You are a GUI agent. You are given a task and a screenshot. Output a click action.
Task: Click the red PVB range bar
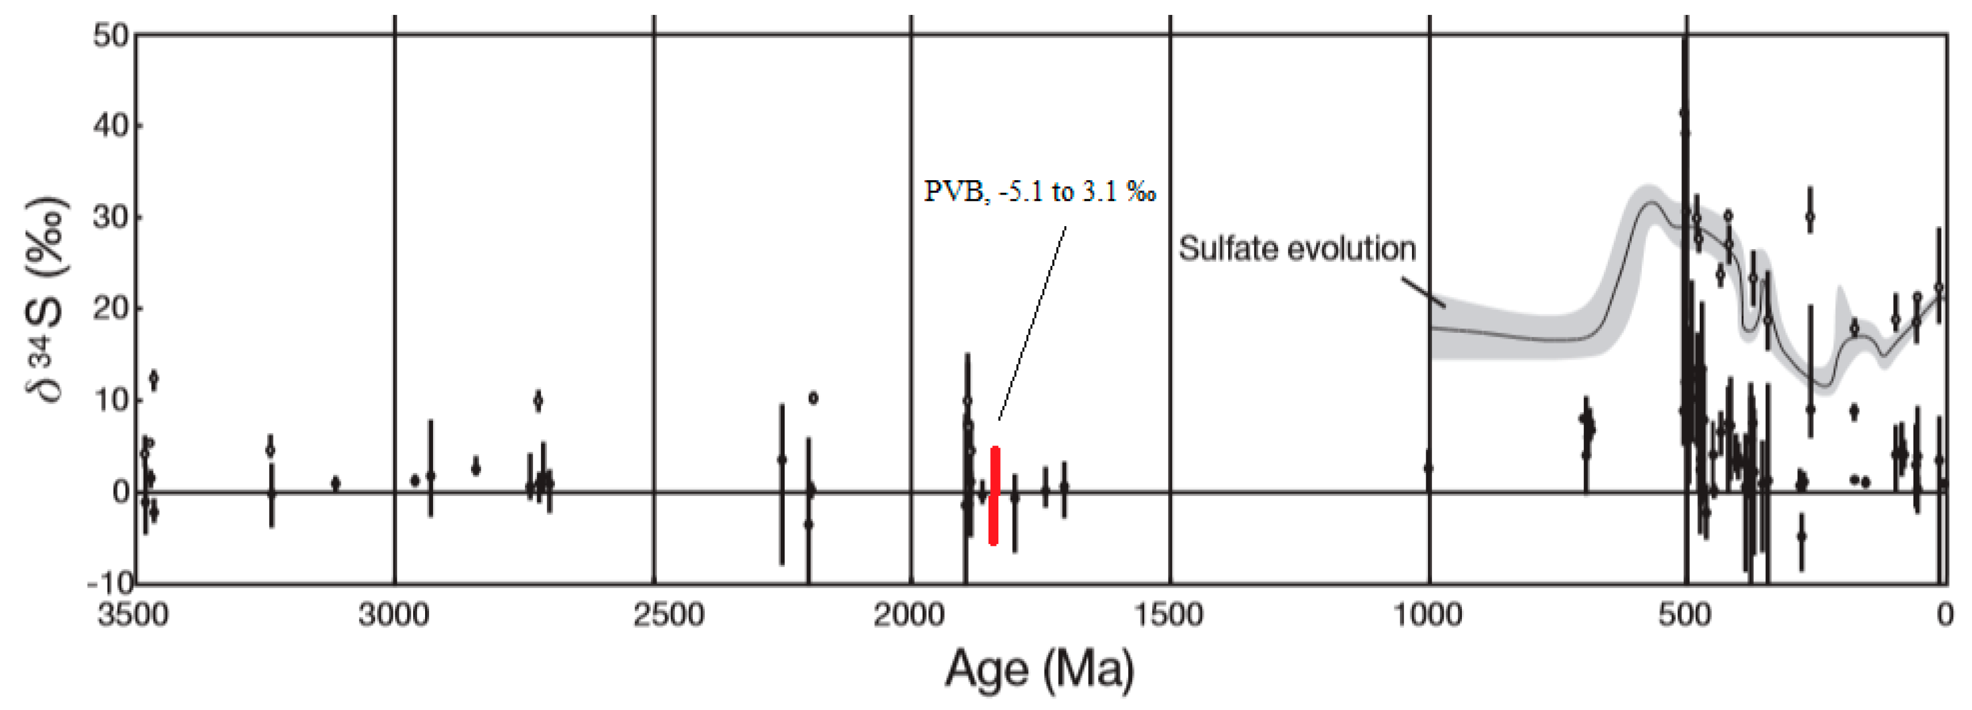(x=994, y=496)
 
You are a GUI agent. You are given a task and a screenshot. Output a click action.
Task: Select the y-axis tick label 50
(x=110, y=35)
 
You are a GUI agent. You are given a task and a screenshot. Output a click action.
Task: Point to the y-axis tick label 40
(x=110, y=126)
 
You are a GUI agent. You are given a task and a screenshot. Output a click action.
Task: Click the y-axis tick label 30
(x=110, y=218)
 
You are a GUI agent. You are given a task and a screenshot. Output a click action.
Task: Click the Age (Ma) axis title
(x=1039, y=669)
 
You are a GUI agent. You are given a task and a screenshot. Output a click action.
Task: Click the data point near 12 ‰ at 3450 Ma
(x=154, y=378)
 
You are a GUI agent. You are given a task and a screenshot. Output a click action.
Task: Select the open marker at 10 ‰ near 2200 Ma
(x=813, y=398)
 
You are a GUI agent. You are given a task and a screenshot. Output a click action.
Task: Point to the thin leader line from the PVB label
(x=1032, y=321)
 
